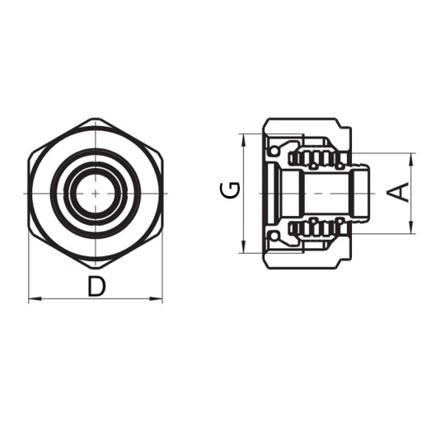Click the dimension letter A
pyautogui.click(x=398, y=192)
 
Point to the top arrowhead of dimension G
pyautogui.click(x=243, y=138)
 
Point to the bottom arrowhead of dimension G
pyautogui.click(x=243, y=248)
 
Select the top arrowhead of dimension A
pyautogui.click(x=410, y=157)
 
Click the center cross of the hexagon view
pyautogui.click(x=96, y=193)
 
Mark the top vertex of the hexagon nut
pyautogui.click(x=96, y=119)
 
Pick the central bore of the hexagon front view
pyautogui.click(x=96, y=193)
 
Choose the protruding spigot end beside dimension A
pyautogui.click(x=361, y=193)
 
